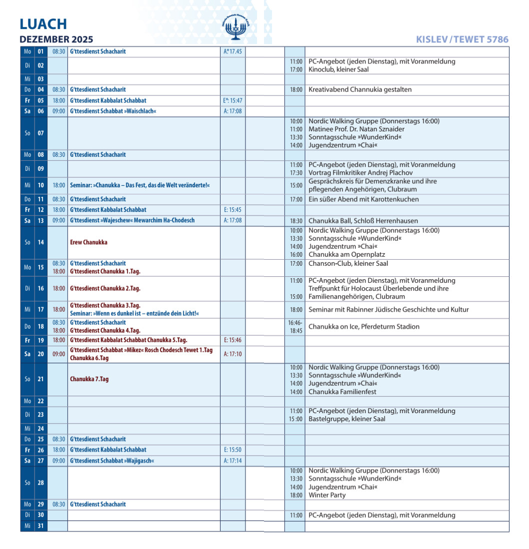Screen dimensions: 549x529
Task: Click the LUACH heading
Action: pyautogui.click(x=43, y=24)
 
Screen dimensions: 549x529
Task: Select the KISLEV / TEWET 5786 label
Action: pyautogui.click(x=462, y=39)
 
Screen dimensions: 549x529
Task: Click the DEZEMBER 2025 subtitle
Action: pyautogui.click(x=56, y=39)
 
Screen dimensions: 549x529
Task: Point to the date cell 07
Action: pyautogui.click(x=40, y=133)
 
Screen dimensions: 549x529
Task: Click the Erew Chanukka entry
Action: pyautogui.click(x=88, y=242)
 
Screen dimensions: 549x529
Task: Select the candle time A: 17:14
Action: pyautogui.click(x=232, y=461)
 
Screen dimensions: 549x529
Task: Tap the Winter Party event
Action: pyautogui.click(x=327, y=495)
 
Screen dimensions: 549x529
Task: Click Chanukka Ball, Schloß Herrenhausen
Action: pyautogui.click(x=363, y=220)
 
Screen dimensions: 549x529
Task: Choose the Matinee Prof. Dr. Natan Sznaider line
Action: pyautogui.click(x=356, y=129)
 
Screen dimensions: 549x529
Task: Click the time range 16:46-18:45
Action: pyautogui.click(x=295, y=327)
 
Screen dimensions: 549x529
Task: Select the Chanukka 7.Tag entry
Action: pyautogui.click(x=89, y=379)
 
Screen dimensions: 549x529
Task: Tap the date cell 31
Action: pyautogui.click(x=40, y=526)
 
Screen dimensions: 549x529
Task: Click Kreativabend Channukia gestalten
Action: pyautogui.click(x=360, y=89)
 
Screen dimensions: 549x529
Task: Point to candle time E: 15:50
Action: pyautogui.click(x=232, y=450)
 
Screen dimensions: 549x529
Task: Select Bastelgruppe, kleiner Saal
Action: pyautogui.click(x=347, y=419)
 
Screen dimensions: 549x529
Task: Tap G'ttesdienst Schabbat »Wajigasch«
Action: pyautogui.click(x=112, y=461)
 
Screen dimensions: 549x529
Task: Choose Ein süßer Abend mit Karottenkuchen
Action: pyautogui.click(x=363, y=199)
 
